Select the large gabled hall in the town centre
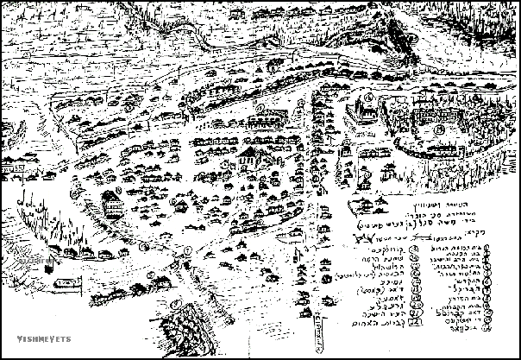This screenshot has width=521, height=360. (x=249, y=158)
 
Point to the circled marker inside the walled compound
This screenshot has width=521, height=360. (x=439, y=129)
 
